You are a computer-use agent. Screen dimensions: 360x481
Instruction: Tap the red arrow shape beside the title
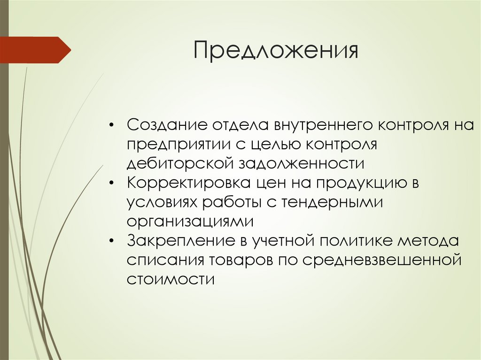click(x=35, y=50)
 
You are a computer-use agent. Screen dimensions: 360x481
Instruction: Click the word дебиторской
click(x=180, y=163)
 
